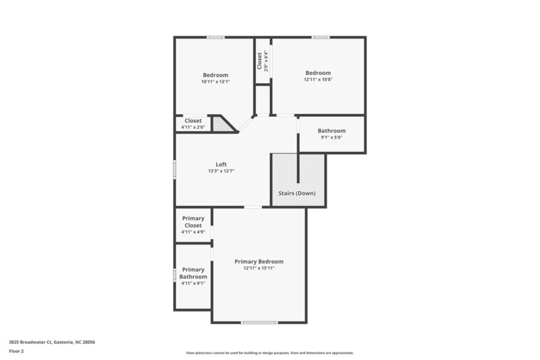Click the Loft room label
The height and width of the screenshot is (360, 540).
point(221,164)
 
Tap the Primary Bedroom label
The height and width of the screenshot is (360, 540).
point(259,261)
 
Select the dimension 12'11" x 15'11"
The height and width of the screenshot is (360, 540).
point(259,268)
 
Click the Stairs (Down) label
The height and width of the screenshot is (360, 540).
point(297,193)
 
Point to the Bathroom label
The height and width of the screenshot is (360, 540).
point(331,130)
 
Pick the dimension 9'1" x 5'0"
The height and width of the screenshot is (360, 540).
point(331,138)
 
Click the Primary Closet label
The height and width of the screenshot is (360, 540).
point(193,222)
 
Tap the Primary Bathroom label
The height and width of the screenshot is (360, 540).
point(193,273)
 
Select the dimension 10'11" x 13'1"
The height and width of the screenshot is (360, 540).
point(215,82)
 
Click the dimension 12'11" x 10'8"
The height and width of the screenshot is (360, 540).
point(318,80)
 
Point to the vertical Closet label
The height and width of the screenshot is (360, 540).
point(259,60)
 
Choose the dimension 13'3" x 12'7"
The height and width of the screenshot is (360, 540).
point(221,172)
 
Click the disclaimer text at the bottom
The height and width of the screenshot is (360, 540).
point(269,353)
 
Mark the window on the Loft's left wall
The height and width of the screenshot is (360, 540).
point(175,169)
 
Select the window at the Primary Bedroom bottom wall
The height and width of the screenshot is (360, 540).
point(259,322)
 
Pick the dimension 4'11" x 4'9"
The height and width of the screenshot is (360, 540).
point(193,232)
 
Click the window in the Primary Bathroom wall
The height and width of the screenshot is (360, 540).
point(175,276)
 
